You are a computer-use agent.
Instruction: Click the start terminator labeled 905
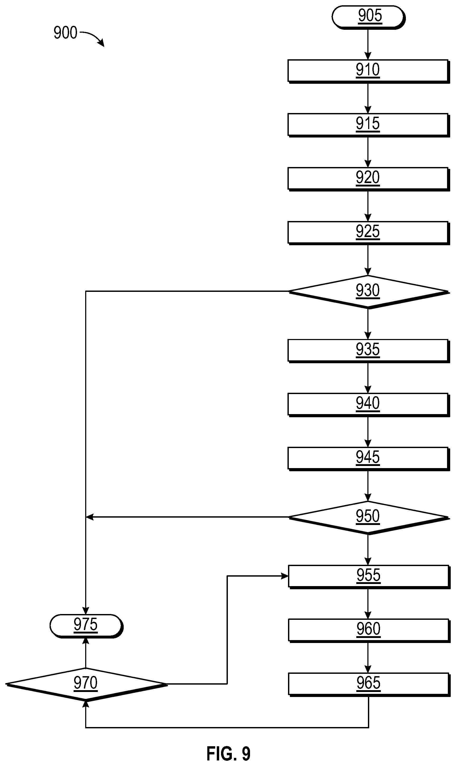[x=368, y=17]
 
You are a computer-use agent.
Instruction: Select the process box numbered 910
[x=368, y=71]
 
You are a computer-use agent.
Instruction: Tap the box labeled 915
[x=368, y=125]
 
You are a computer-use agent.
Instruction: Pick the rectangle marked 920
[x=368, y=179]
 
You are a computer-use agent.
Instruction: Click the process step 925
[x=368, y=233]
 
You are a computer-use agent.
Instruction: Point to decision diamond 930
[x=368, y=292]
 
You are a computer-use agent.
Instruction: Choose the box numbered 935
[x=368, y=351]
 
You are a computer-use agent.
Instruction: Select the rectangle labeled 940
[x=368, y=405]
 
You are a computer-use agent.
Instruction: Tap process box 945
[x=368, y=459]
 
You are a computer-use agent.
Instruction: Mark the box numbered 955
[x=369, y=577]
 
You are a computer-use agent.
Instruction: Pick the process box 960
[x=369, y=631]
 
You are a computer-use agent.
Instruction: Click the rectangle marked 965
[x=369, y=685]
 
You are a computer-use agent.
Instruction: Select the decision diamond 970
[x=86, y=685]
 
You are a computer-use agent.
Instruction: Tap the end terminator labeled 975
[x=86, y=626]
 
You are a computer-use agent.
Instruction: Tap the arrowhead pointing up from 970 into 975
[x=86, y=642]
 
